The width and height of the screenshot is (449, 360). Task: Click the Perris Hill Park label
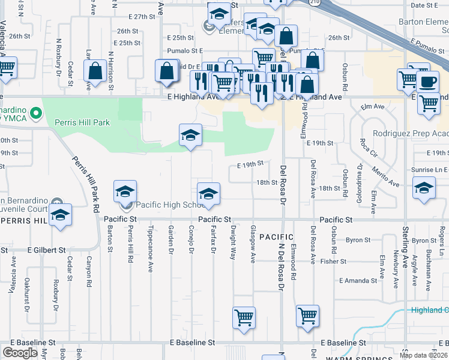82,122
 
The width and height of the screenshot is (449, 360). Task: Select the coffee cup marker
428,82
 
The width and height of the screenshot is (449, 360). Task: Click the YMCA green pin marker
36,112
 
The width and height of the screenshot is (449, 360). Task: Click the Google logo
20,353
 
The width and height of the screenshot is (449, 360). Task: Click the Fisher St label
334,261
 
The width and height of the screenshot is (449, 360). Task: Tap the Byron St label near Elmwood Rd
358,240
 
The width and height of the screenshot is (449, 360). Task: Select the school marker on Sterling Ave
424,189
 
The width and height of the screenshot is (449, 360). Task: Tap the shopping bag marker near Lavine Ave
95,71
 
